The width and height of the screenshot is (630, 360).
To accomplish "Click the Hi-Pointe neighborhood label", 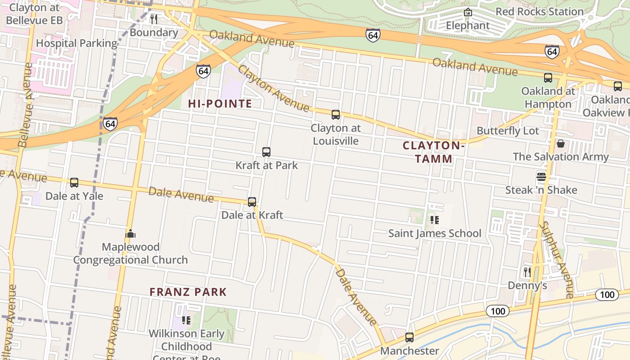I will point(220,104).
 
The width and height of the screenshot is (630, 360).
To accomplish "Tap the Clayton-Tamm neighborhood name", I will point(433,152).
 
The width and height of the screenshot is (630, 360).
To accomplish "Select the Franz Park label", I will point(188,292).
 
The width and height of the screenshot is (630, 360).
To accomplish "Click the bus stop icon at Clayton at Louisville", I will point(336,115).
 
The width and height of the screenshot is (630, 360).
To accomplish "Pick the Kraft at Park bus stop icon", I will point(266,152).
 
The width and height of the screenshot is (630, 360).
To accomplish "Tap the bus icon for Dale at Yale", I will point(74,183).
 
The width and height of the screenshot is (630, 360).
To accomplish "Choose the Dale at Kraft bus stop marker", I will point(252,202).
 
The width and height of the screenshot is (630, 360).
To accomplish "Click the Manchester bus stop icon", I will point(409,337).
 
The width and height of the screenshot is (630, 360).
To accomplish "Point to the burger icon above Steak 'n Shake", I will point(541,177).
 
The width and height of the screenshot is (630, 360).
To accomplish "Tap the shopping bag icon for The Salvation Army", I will point(561,144).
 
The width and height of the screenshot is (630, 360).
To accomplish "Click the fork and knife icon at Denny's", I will point(527,272).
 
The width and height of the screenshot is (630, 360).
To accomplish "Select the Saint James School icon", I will point(435,220).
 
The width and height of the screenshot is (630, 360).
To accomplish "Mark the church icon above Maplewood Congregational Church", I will point(130,234).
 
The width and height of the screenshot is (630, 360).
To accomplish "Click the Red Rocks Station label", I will point(539,12).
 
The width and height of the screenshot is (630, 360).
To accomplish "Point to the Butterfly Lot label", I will point(508,131).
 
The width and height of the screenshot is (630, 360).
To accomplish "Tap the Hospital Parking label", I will point(76,43).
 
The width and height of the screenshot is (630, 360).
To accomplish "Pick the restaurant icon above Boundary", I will point(154,19).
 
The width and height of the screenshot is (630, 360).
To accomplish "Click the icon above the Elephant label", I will point(468,12).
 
